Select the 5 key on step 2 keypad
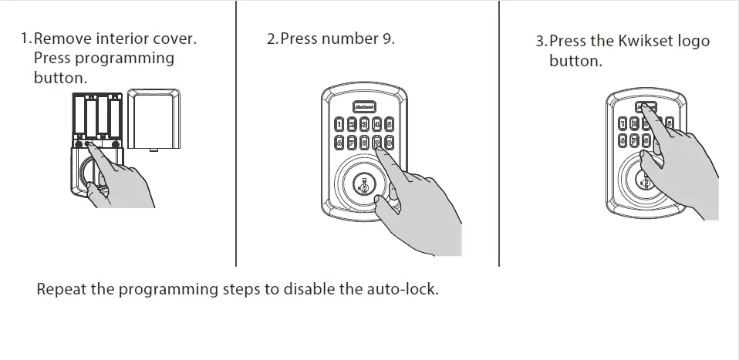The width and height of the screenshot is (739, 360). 390,123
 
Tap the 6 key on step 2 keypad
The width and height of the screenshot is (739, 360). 339,142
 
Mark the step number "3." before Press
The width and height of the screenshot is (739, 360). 542,42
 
